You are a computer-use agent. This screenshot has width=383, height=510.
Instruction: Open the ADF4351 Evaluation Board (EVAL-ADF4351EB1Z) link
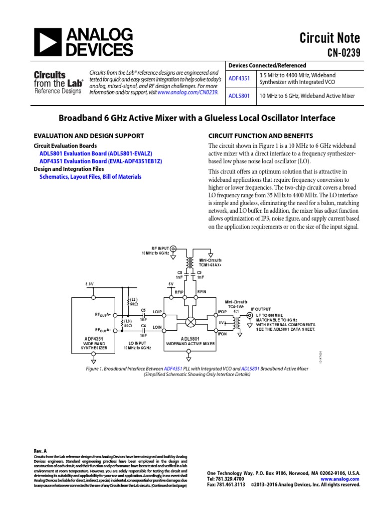pyautogui.click(x=101, y=162)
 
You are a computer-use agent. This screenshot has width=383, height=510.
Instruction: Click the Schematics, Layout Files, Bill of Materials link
pyautogui.click(x=90, y=177)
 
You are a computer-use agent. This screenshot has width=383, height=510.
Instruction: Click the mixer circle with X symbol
pyautogui.click(x=190, y=322)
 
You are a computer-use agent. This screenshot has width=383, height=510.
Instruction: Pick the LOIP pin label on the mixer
pyautogui.click(x=158, y=312)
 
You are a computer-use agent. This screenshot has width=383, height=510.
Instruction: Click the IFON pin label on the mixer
pyautogui.click(x=222, y=334)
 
